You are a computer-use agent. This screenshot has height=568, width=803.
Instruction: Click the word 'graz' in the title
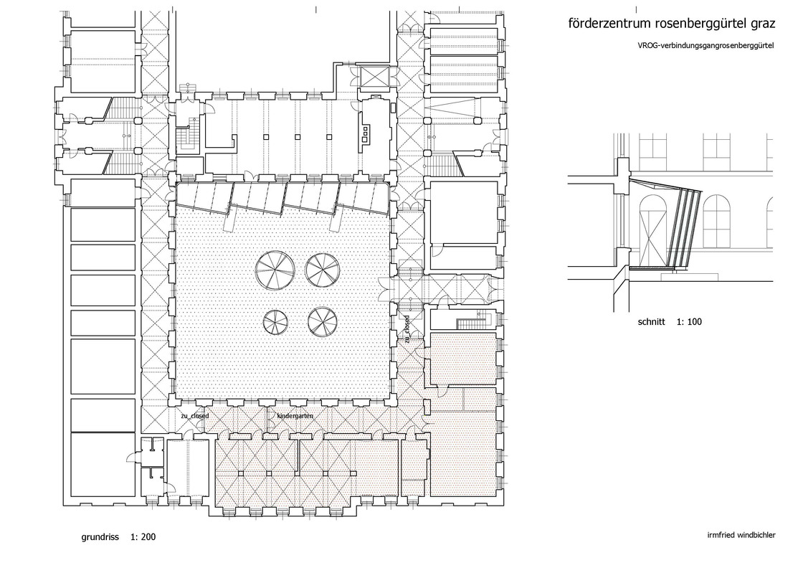[x=763, y=24]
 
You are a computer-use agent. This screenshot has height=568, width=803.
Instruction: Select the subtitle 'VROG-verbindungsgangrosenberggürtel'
[x=705, y=45]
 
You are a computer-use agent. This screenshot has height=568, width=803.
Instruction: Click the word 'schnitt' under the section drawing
[x=652, y=321]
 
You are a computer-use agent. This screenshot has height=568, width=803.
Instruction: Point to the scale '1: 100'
[x=689, y=321]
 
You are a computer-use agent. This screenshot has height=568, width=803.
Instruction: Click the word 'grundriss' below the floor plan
[x=100, y=536]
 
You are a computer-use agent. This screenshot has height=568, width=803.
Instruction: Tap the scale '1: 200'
[x=143, y=536]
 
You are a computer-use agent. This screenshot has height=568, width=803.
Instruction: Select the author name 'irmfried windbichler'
[x=741, y=535]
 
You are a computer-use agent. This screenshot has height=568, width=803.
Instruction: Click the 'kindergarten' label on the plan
[x=295, y=416]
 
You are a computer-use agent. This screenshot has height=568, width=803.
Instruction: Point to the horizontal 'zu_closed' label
[x=194, y=416]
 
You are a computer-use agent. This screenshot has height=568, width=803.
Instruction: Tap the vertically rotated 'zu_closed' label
[x=406, y=330]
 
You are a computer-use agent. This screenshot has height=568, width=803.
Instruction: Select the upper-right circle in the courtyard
[x=323, y=270]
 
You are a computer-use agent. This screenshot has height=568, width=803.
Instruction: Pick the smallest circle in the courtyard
[x=276, y=323]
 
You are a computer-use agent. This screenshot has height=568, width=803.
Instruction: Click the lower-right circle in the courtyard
[x=322, y=321]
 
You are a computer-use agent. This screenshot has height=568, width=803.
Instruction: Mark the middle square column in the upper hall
[x=297, y=137]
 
